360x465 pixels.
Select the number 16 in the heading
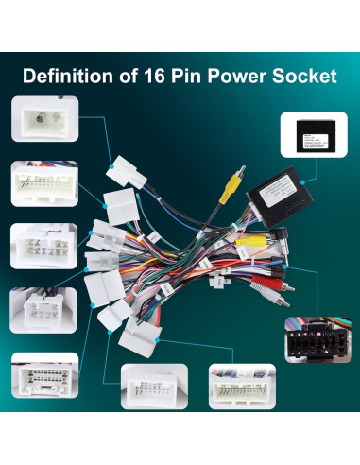point(159,75)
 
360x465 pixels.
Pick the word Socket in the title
point(304,75)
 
